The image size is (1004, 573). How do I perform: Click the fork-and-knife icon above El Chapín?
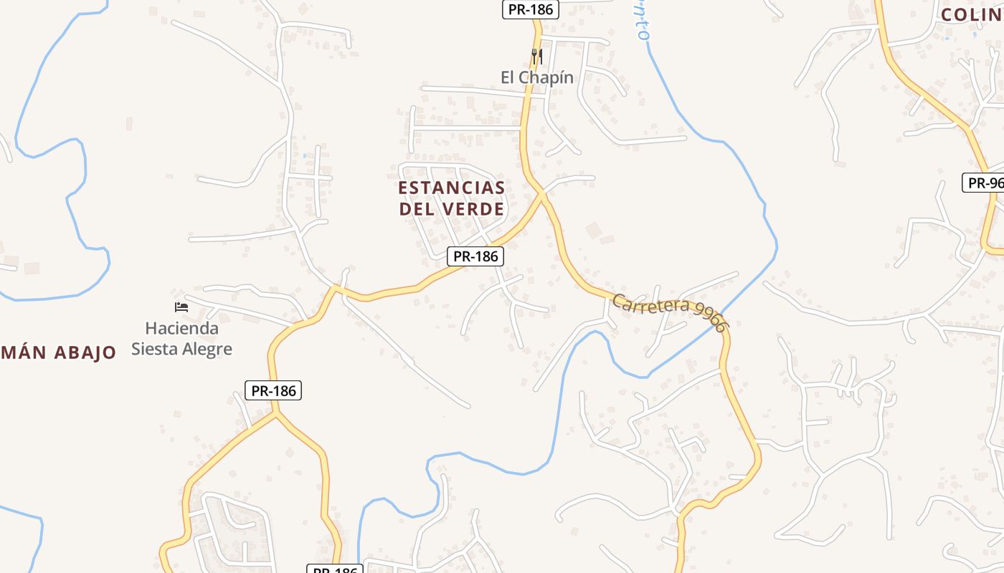536,55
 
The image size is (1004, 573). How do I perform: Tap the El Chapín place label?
537,77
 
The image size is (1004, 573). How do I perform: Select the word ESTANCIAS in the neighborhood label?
452,188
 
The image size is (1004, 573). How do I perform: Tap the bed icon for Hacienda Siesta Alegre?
181,307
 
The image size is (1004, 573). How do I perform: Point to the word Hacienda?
181,328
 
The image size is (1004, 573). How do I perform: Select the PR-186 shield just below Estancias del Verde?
475,256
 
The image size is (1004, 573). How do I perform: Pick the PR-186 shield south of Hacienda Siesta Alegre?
273,390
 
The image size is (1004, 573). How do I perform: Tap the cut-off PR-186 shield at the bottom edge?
335,569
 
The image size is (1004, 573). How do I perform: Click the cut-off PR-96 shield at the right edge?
983,183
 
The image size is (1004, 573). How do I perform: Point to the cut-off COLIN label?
972,14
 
